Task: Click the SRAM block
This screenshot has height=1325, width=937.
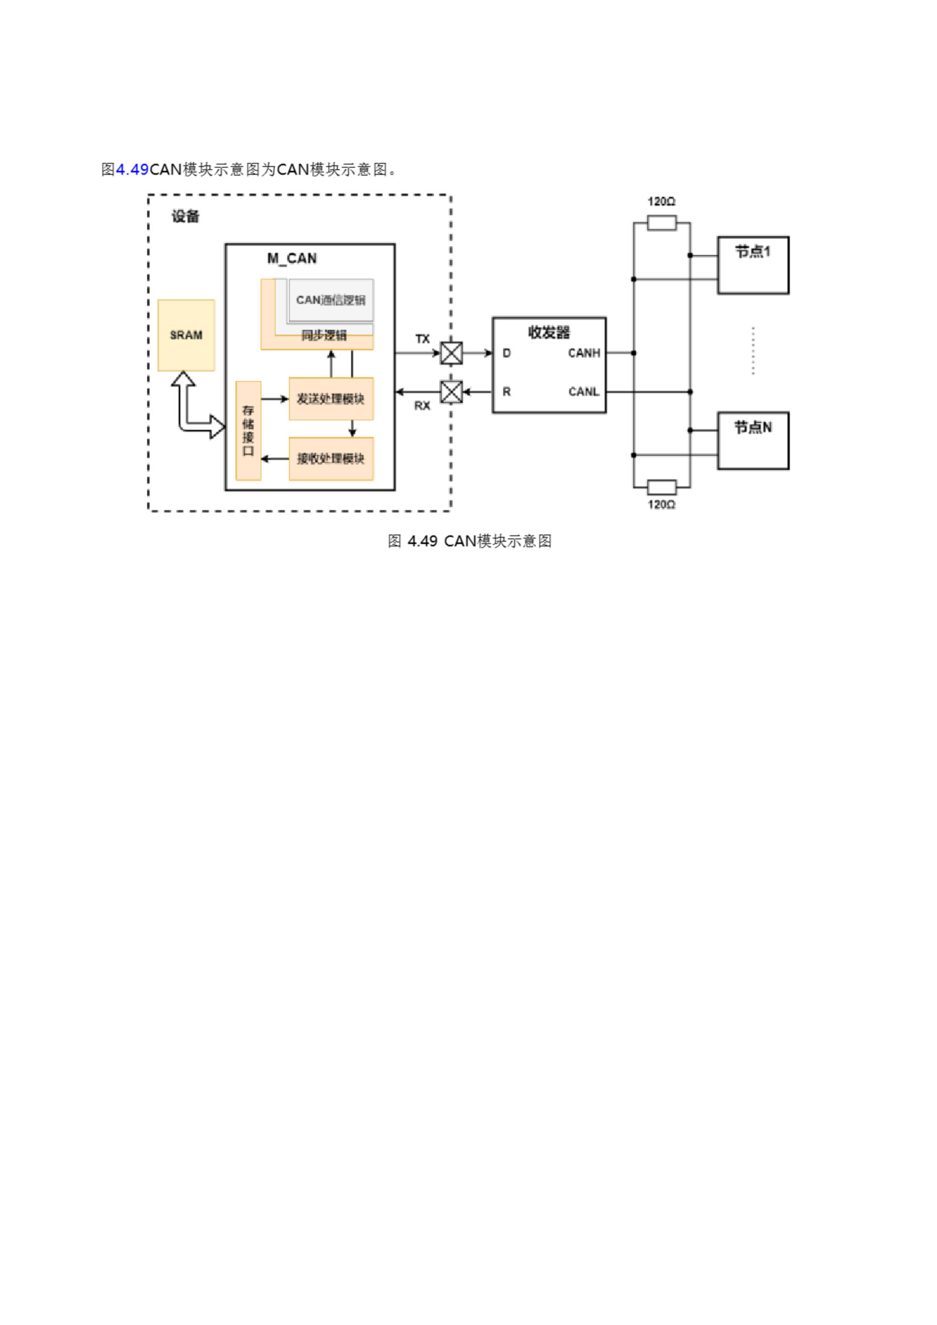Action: point(186,335)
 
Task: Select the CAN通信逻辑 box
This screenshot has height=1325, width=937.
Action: point(331,300)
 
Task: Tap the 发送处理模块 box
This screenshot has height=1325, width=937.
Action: point(331,399)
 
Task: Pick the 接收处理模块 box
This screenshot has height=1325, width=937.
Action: point(331,459)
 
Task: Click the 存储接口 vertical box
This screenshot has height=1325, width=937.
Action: point(248,431)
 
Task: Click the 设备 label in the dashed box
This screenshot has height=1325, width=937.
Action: point(185,216)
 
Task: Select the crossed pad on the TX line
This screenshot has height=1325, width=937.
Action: point(451,353)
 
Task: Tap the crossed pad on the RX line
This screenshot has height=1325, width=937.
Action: point(451,392)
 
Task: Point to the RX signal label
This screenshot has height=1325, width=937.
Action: point(422,406)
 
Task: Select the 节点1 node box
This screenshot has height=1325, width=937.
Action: point(753,265)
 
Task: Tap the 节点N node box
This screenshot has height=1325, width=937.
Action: point(753,440)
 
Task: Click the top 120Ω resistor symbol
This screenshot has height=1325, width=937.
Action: point(662,223)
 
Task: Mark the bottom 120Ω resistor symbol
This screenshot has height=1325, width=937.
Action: point(662,487)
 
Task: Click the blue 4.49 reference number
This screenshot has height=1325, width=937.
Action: point(132,170)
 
